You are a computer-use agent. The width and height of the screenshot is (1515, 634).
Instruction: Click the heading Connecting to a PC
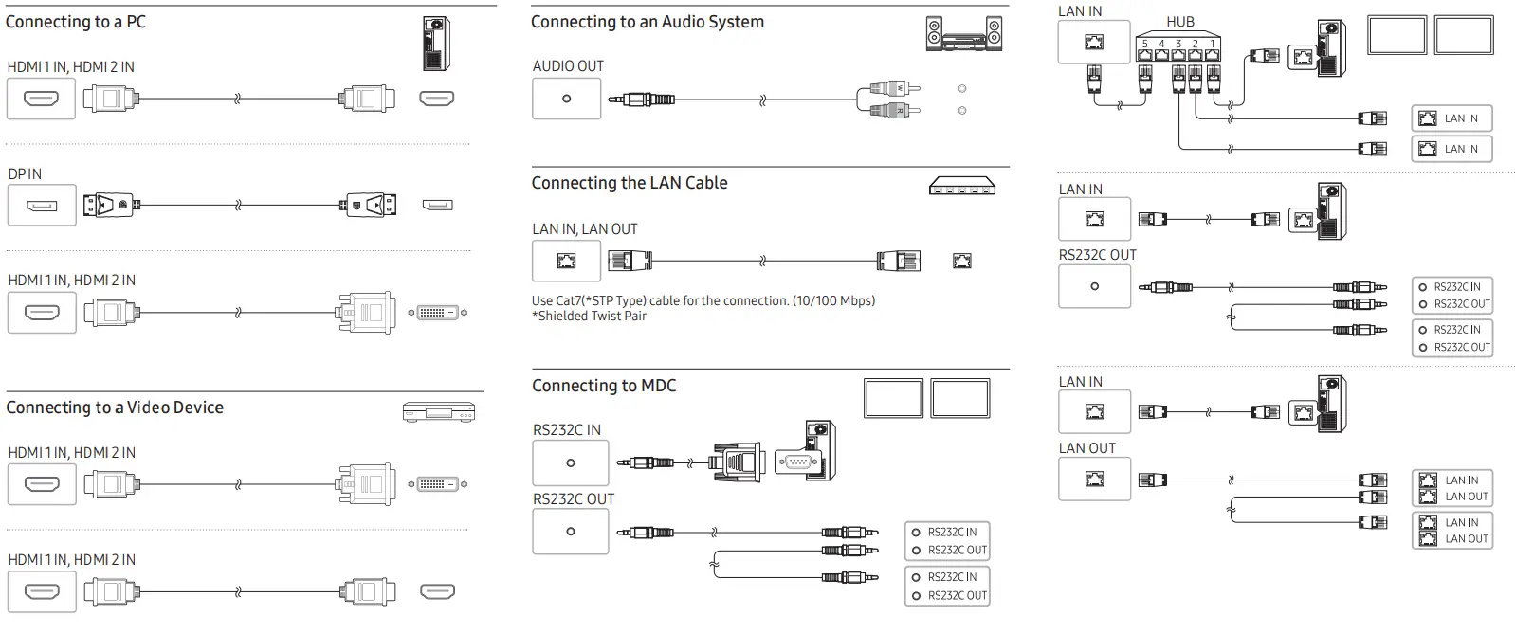click(76, 22)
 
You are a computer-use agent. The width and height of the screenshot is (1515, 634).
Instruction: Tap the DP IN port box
click(42, 206)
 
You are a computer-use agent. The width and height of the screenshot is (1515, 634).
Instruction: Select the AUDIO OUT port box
click(566, 99)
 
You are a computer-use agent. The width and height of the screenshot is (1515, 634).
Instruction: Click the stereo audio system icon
click(963, 33)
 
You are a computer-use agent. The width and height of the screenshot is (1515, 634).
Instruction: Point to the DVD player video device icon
click(438, 412)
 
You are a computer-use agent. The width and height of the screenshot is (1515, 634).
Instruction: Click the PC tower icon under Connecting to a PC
click(435, 44)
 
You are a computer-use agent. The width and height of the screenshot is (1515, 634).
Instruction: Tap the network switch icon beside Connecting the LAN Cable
click(962, 187)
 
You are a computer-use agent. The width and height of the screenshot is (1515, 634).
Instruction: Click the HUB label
click(1180, 22)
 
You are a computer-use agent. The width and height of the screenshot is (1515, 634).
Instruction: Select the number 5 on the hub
click(1144, 44)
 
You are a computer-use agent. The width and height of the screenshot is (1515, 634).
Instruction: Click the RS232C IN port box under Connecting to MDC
click(570, 463)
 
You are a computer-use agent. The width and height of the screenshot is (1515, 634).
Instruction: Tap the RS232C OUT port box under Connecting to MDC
click(570, 532)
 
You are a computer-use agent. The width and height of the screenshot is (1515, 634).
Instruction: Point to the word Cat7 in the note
click(570, 300)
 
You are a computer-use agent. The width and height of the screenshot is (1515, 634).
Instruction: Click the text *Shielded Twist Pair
click(589, 317)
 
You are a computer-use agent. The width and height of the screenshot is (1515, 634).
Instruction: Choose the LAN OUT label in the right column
click(1086, 448)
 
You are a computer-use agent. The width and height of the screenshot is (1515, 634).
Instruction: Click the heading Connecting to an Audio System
click(647, 22)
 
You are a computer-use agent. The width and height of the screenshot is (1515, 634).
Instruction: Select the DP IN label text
click(25, 174)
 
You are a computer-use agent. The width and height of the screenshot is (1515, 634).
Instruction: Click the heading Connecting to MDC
click(603, 386)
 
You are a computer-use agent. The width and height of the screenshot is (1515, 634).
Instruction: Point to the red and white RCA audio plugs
click(892, 100)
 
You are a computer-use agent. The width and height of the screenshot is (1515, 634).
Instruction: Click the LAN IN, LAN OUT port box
click(566, 261)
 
